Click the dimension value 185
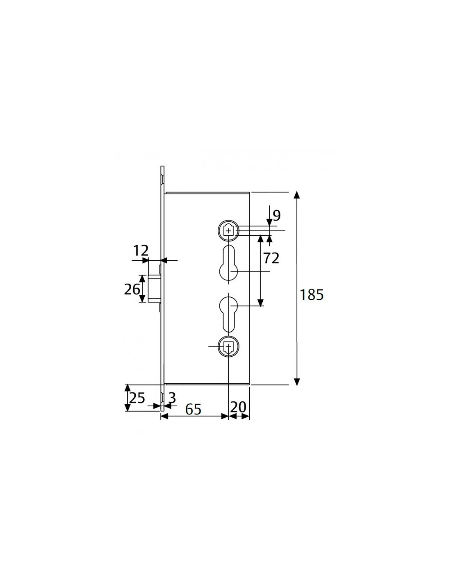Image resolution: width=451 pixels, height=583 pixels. pyautogui.click(x=311, y=295)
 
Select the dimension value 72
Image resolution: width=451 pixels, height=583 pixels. pyautogui.click(x=271, y=258)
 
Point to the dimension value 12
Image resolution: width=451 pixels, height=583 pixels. pyautogui.click(x=141, y=251)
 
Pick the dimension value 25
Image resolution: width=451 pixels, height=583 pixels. pyautogui.click(x=137, y=398)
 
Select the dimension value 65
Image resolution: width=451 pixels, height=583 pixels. pyautogui.click(x=193, y=409)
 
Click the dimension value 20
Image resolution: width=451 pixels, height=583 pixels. pyautogui.click(x=238, y=407)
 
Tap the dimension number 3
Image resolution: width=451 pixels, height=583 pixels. pyautogui.click(x=172, y=398)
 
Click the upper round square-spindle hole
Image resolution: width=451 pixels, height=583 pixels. pyautogui.click(x=228, y=230)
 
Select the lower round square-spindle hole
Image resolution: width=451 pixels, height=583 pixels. pyautogui.click(x=228, y=346)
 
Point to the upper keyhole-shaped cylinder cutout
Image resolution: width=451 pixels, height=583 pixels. pyautogui.click(x=228, y=263)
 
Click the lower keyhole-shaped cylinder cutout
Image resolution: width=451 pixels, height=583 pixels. pyautogui.click(x=228, y=314)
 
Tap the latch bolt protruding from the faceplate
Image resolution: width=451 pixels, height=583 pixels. pyautogui.click(x=154, y=288)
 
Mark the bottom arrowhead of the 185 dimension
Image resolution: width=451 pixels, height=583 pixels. pyautogui.click(x=296, y=382)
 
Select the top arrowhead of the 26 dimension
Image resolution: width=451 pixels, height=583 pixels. pyautogui.click(x=143, y=278)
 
